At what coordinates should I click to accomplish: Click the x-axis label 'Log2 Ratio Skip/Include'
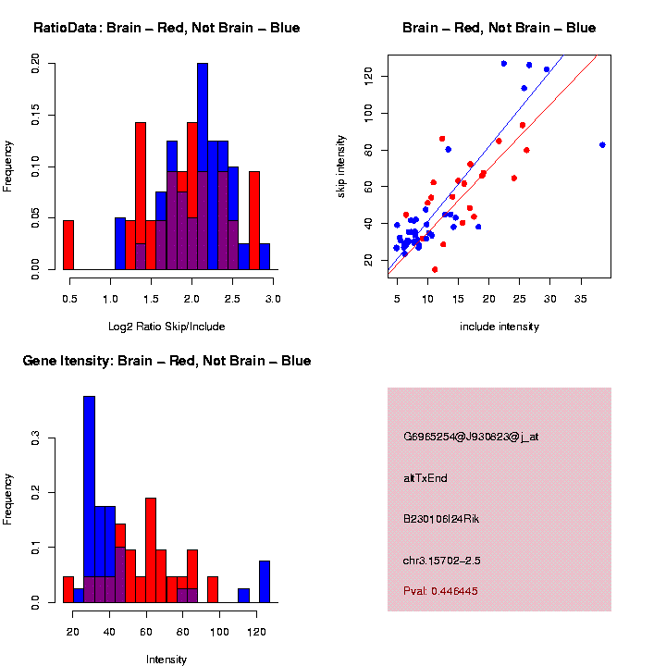166,327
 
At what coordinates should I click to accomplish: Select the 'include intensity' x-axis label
499,327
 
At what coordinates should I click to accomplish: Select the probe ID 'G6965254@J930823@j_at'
471,437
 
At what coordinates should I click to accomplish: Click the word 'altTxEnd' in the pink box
425,478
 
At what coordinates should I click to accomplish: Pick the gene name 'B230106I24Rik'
441,519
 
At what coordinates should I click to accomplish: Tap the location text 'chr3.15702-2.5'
442,561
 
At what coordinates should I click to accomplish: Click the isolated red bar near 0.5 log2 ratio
68,245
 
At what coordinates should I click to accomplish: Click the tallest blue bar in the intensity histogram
89,499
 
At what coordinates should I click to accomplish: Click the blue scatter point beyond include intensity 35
602,145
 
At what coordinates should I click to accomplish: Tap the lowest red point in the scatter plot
435,269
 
